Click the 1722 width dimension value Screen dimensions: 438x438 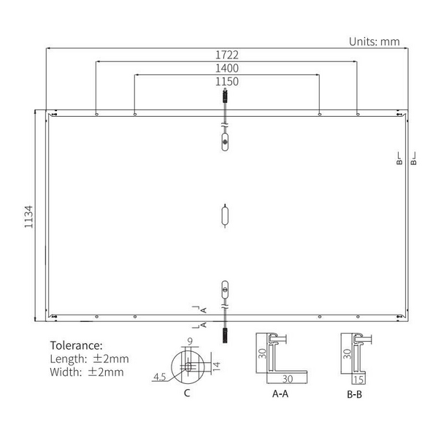point(226,55)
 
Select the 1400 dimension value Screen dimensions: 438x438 point(226,68)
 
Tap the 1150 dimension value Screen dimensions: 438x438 point(226,81)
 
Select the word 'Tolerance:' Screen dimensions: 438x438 point(76,345)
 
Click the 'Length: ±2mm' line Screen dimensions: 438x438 point(89,358)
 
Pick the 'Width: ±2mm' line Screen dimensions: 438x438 point(86,372)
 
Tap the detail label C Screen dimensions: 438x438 point(187,393)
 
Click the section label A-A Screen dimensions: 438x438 point(279,393)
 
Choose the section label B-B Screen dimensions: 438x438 point(355,393)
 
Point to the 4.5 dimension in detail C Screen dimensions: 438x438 point(159,377)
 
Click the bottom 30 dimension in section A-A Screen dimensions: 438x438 point(288,379)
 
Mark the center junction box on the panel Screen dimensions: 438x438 point(226,216)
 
